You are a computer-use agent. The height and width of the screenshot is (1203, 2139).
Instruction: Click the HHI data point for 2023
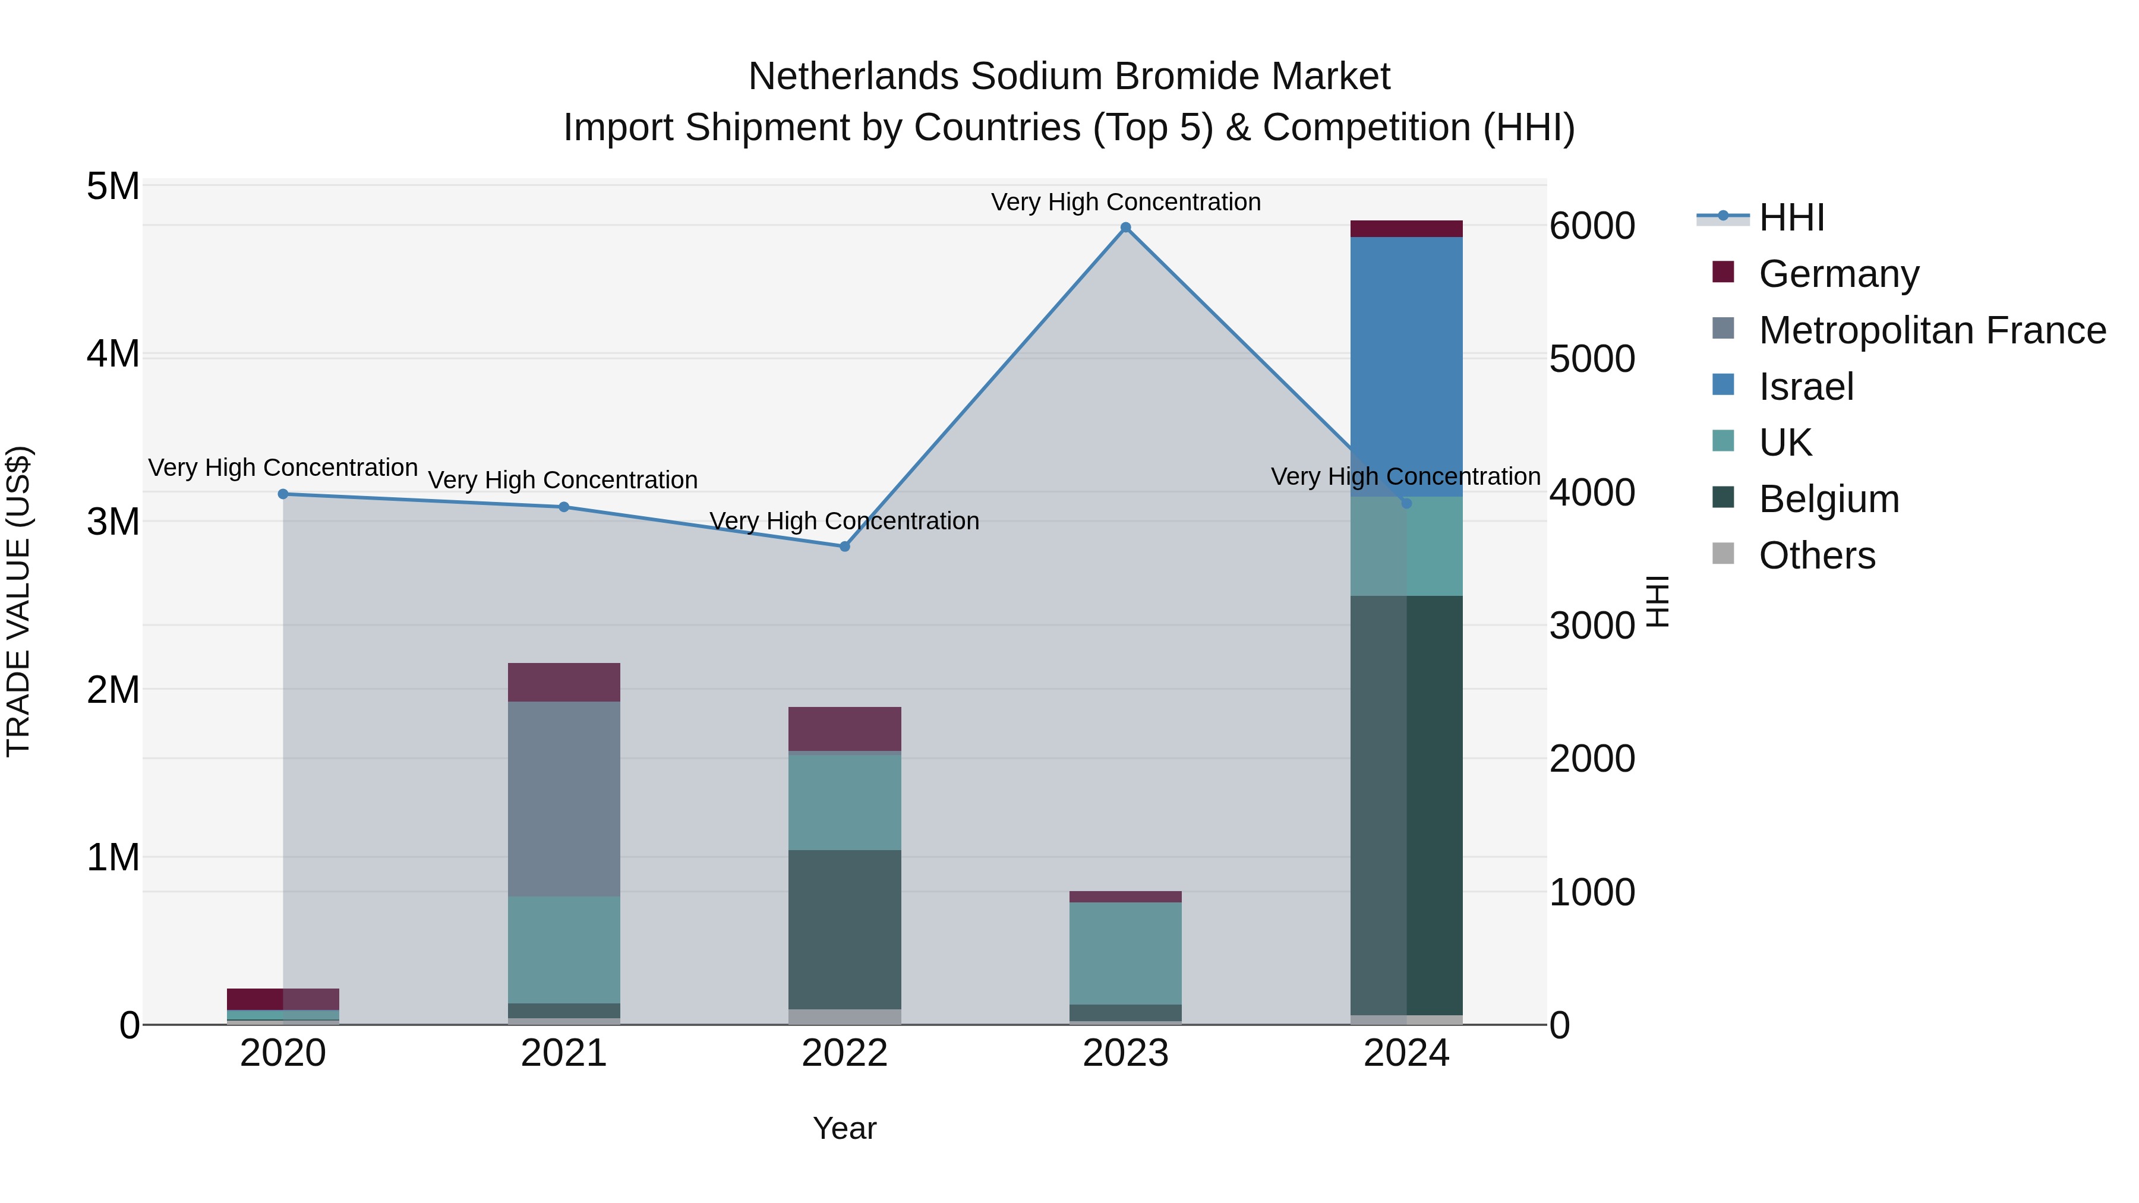pos(1125,228)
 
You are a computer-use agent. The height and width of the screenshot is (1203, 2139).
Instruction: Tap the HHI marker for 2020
pos(283,494)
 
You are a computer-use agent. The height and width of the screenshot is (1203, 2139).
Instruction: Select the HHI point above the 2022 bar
pos(844,547)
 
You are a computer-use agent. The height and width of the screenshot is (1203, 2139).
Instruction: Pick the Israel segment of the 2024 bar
pos(1406,365)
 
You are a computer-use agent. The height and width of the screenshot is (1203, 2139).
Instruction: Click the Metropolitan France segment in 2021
pos(564,798)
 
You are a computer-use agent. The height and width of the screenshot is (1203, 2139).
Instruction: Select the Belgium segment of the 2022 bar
pos(844,929)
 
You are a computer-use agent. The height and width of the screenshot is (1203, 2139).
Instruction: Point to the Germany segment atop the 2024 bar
pos(1406,229)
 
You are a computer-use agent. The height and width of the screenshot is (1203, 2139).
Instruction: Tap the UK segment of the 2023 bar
pos(1125,953)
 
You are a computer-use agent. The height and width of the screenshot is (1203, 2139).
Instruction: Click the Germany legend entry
pos(1838,274)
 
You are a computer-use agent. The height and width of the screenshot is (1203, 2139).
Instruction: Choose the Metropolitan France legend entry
pos(1932,330)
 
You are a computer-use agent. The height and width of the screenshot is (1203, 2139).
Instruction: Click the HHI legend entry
pos(1791,217)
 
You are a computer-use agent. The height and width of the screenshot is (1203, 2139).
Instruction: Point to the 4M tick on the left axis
pos(113,355)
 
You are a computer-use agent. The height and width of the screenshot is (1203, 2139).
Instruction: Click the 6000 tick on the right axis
pos(1592,226)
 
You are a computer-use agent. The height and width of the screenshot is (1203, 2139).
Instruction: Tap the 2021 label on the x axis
pos(564,1053)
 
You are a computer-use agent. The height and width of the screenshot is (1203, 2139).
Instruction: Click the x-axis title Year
pos(844,1128)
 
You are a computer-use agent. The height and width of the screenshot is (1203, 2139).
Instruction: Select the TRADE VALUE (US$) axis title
pos(19,601)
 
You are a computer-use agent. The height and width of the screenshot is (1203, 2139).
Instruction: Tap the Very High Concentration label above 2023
pos(1125,203)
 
